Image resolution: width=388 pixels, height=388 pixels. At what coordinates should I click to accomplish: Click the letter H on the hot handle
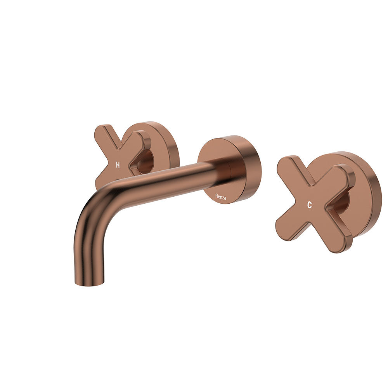(x=118, y=165)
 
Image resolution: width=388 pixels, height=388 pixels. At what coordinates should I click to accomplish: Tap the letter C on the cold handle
(x=309, y=206)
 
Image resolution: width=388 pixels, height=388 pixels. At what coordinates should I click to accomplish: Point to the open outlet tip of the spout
(x=90, y=284)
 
